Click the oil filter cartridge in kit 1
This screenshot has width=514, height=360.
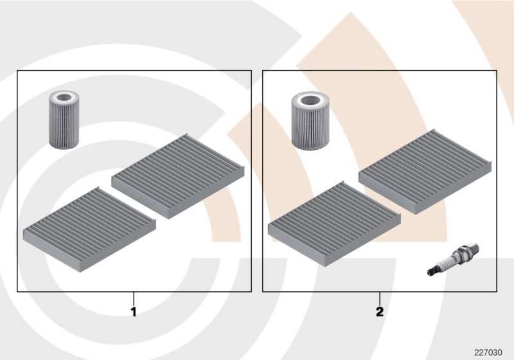[64, 120]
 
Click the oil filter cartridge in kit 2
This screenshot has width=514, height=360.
[310, 120]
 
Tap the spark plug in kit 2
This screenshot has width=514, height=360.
[454, 259]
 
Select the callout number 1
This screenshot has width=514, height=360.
[134, 312]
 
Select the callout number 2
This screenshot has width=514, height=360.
[380, 312]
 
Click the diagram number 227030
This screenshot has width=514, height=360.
[488, 352]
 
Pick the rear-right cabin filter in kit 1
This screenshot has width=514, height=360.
[178, 176]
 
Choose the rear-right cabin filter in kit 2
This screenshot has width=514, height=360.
[425, 172]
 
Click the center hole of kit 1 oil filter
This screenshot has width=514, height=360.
[64, 97]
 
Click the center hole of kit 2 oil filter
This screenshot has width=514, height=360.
[310, 100]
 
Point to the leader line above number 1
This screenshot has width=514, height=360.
[134, 299]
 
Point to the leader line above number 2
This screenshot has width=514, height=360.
[380, 299]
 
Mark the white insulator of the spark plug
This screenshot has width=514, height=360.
[447, 262]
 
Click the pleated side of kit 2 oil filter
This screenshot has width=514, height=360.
[310, 128]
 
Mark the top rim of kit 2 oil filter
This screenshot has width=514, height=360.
[310, 93]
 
